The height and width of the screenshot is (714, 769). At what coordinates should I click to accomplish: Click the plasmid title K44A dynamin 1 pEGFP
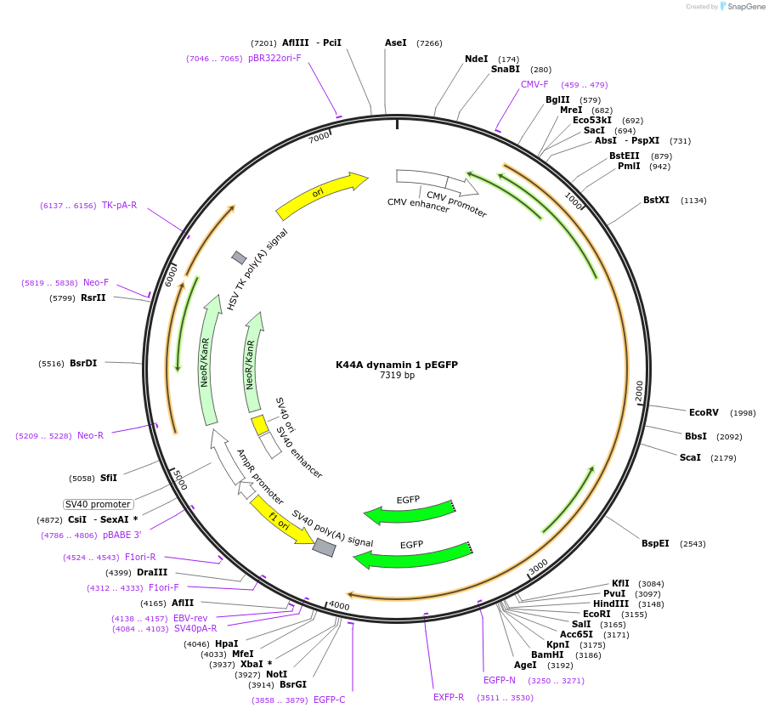[397, 365]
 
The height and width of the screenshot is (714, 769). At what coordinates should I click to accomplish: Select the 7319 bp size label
[397, 376]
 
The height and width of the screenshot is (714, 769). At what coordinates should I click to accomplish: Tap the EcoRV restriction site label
[704, 413]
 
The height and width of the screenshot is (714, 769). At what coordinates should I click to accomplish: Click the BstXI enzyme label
[656, 201]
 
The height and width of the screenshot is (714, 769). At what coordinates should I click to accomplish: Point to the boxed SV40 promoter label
[99, 504]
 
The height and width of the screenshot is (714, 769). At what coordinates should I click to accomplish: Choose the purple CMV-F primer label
[534, 85]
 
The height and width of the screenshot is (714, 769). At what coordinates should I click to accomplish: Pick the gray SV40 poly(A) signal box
[324, 548]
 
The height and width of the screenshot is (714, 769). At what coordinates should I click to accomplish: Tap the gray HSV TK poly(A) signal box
[239, 258]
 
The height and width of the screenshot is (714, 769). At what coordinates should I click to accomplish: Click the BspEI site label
[655, 543]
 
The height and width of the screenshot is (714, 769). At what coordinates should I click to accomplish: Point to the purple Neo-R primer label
[90, 436]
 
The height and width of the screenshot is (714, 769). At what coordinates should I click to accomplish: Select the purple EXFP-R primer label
[449, 697]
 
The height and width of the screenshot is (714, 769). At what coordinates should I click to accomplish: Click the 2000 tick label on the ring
[639, 391]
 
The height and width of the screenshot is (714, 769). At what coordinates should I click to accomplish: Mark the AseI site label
[396, 42]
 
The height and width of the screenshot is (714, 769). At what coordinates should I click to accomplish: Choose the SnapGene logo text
[748, 7]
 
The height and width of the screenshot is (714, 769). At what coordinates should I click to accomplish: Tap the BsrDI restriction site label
[83, 363]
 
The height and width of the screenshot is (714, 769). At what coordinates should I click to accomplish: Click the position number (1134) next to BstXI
[693, 201]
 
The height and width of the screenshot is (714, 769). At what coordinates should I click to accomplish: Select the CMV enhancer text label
[418, 205]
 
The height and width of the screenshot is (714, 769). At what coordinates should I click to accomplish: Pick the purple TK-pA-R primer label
[119, 206]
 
